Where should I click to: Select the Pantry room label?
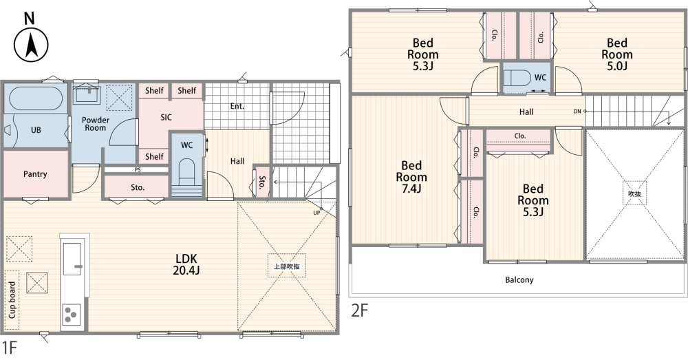[x=35, y=174]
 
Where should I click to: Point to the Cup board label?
[x=12, y=300]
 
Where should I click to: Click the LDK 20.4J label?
[x=186, y=264]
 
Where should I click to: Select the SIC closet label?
[x=166, y=117]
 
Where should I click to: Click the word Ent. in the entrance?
[x=237, y=106]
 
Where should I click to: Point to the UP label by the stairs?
[x=316, y=213]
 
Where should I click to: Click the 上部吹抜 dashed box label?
[x=287, y=266]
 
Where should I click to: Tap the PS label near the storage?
[x=138, y=170]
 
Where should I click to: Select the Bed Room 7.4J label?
[x=411, y=177]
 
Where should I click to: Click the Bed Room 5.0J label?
[x=617, y=54]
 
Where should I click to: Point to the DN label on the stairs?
[x=577, y=112]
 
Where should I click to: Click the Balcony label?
[x=519, y=279]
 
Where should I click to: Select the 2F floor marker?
[x=359, y=311]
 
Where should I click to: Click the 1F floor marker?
[x=9, y=348]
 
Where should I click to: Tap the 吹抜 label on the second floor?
[x=634, y=193]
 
